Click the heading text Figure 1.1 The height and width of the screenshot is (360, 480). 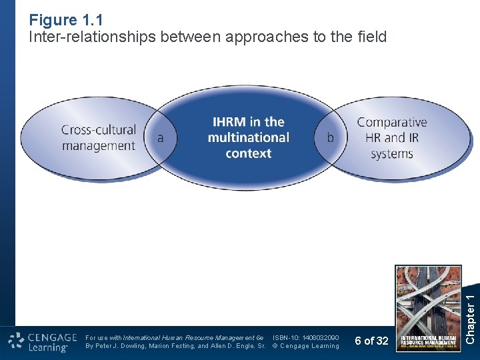pos(66,20)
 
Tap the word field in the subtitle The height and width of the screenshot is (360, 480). pos(370,37)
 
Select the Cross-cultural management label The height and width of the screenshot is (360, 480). pos(98,137)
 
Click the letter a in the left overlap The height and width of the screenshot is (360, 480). pos(160,138)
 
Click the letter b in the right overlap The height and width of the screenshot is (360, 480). pos(330,138)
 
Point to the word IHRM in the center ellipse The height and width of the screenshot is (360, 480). pos(229,122)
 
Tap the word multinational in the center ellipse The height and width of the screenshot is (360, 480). pos(248,137)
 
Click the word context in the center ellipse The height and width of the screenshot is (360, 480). pos(248,153)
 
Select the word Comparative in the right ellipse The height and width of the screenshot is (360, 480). pos(391,123)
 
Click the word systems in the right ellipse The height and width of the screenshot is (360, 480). pos(391,153)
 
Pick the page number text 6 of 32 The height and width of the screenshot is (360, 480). pos(371,341)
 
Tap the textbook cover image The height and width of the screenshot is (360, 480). pos(428,308)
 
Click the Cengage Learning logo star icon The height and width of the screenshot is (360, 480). pos(17,341)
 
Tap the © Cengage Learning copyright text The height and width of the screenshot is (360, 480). pos(306,346)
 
